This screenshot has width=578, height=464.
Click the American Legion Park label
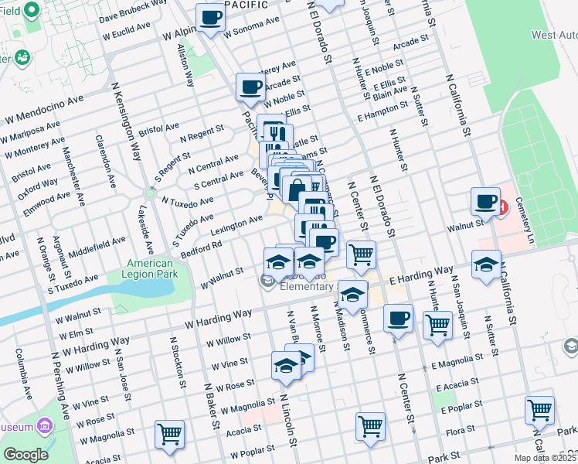151,269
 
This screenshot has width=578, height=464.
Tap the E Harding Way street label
421,275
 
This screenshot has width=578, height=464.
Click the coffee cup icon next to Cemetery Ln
485,202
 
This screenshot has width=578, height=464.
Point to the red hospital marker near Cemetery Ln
503,207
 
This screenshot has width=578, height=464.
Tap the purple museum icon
44,426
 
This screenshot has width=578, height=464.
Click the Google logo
25,455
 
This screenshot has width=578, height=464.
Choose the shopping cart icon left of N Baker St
169,434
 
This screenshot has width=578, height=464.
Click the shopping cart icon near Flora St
539,410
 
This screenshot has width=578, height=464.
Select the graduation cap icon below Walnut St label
485,264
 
